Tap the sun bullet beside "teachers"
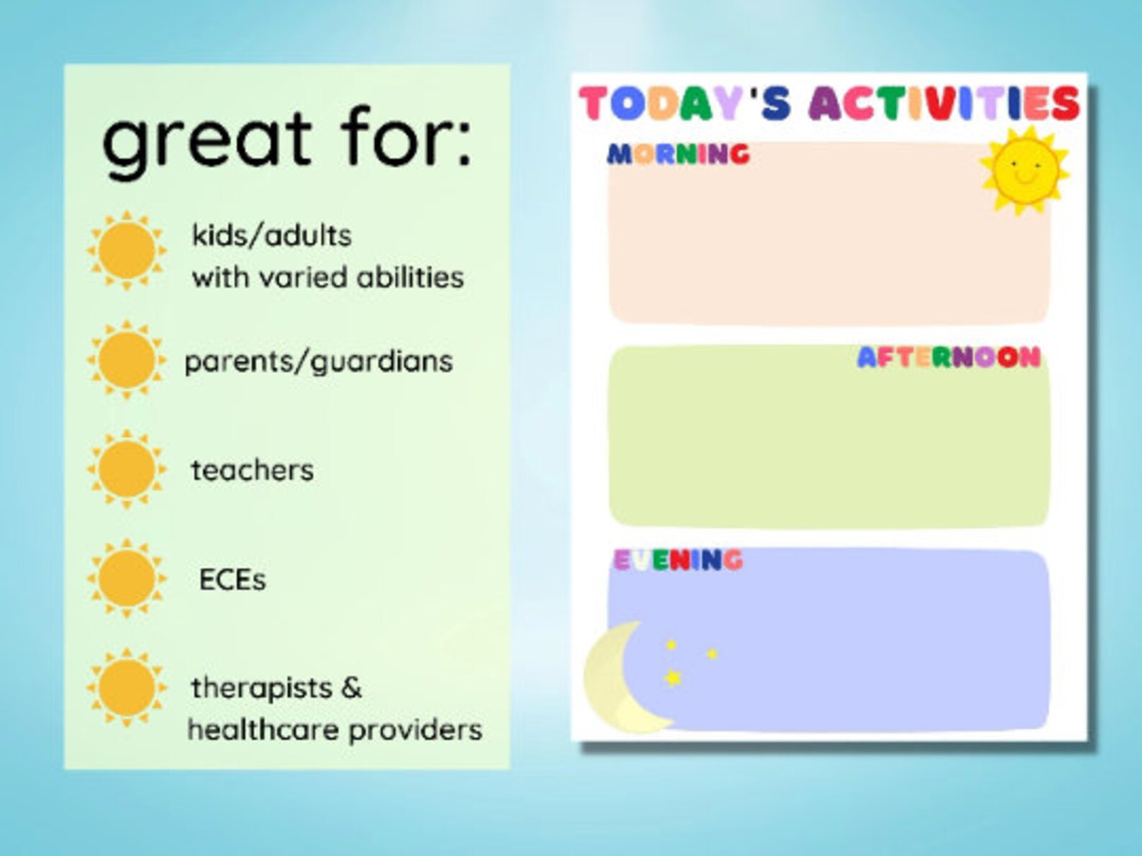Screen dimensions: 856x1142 click(127, 469)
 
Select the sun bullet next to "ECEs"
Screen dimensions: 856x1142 click(127, 579)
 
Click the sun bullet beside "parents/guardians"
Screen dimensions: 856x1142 click(127, 359)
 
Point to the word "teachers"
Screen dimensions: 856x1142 click(252, 470)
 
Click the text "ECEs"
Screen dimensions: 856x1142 click(232, 580)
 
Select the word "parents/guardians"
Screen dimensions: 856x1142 click(319, 361)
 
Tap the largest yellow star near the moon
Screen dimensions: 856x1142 click(673, 677)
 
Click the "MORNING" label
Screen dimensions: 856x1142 click(678, 154)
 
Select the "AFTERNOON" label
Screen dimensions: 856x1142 click(949, 357)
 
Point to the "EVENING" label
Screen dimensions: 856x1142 click(677, 560)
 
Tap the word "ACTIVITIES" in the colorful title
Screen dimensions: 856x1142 click(944, 103)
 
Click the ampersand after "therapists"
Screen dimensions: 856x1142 click(351, 688)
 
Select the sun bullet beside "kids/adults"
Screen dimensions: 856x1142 click(127, 250)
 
